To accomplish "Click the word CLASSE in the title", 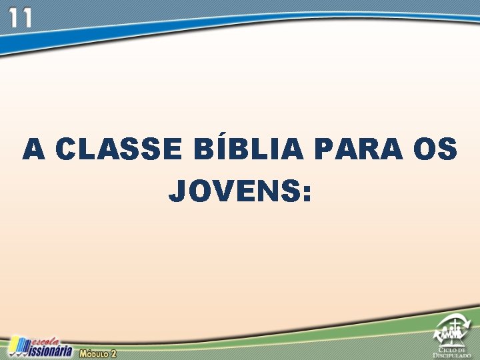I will pyautogui.click(x=118, y=150).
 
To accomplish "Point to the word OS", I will pyautogui.click(x=435, y=150).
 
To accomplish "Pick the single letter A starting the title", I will pyautogui.click(x=33, y=150).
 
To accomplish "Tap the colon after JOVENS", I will pyautogui.click(x=306, y=193).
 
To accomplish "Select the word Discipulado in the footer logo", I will pyautogui.click(x=452, y=355).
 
